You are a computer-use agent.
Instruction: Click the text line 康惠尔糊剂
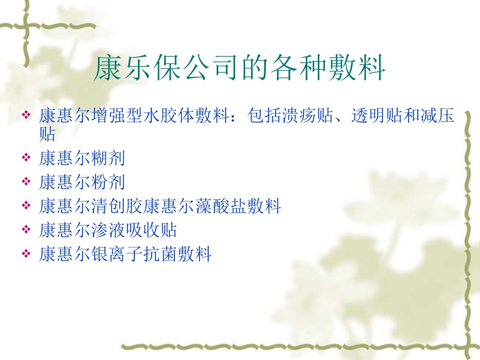click(x=82, y=159)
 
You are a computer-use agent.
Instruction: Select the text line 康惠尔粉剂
click(x=82, y=182)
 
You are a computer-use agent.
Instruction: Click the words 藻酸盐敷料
click(x=238, y=206)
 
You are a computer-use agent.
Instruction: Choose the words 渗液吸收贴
click(x=134, y=230)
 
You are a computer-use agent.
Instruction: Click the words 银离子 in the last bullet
click(x=117, y=254)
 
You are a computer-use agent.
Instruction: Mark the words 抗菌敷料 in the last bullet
click(x=177, y=254)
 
